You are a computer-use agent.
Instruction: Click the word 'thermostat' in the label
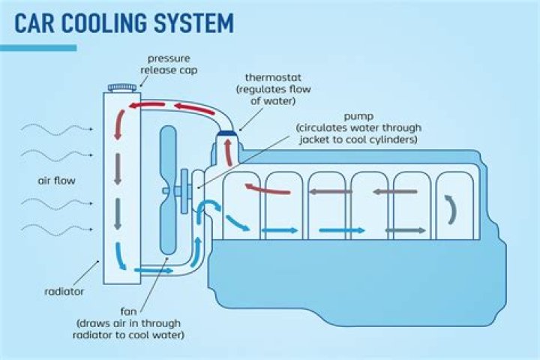click(x=267, y=77)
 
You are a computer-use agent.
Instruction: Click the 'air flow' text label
click(x=56, y=181)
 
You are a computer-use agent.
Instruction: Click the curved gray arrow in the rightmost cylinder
click(x=451, y=211)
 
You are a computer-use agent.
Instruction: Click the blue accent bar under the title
click(x=38, y=48)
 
